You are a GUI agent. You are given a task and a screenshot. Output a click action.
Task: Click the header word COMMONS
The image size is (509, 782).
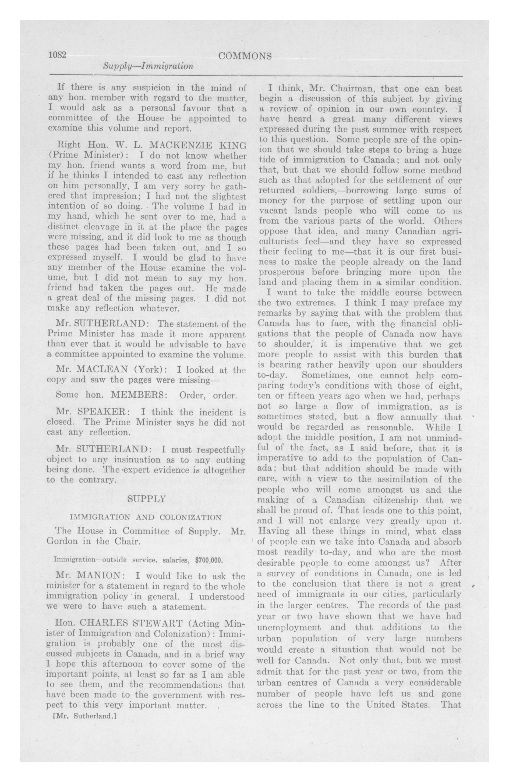[245, 56]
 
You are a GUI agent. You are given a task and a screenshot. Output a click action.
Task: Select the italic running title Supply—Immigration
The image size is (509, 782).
[148, 66]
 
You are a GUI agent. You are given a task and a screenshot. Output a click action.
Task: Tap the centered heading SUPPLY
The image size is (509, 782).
[147, 499]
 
